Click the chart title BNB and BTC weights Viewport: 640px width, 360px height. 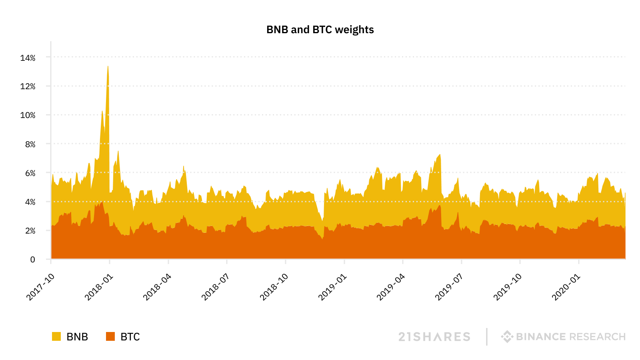[320, 30]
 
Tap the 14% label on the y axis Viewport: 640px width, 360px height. [28, 58]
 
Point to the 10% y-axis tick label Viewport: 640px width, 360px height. [28, 115]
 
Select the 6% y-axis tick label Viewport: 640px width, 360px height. [30, 173]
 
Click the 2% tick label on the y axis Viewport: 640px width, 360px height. [30, 231]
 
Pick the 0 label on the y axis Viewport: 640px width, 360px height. [33, 260]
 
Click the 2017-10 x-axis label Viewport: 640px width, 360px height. [40, 287]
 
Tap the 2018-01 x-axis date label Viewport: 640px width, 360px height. [99, 287]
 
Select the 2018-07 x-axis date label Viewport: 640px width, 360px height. [215, 287]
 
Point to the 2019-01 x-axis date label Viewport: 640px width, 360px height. [332, 287]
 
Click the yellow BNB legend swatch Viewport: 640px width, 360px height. [56, 336]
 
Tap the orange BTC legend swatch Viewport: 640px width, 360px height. [110, 336]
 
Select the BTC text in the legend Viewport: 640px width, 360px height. [130, 337]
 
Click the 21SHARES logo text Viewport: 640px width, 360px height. [434, 337]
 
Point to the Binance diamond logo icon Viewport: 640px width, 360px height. [507, 336]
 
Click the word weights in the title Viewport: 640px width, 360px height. [354, 30]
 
